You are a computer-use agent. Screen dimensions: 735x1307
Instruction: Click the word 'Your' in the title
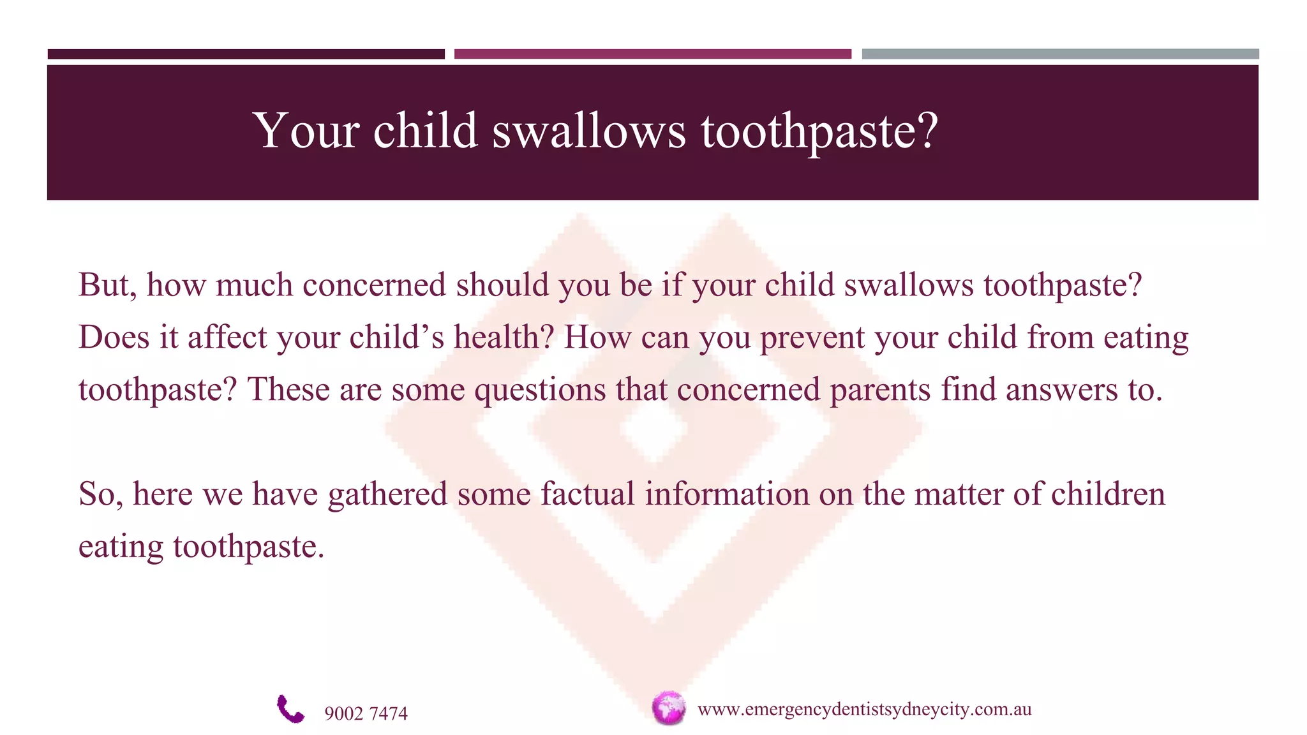[x=306, y=131]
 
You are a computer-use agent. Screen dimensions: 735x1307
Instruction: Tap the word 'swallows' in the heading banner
[x=588, y=131]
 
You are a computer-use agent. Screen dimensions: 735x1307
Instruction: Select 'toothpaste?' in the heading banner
[x=819, y=132]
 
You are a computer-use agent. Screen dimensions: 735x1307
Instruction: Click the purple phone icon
[x=290, y=709]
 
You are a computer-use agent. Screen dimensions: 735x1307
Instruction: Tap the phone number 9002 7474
[x=366, y=713]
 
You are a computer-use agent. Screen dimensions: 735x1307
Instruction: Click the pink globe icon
[x=668, y=708]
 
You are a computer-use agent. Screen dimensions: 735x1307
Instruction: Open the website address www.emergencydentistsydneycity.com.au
[x=864, y=709]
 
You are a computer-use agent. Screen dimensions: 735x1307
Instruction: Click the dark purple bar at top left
[x=246, y=54]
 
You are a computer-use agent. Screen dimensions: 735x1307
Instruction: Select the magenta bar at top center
[x=652, y=54]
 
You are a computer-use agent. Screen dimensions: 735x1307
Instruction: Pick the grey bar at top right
[x=1060, y=54]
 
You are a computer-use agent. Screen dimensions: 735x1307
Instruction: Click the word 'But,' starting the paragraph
[x=107, y=285]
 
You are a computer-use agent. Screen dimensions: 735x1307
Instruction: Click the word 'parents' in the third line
[x=879, y=390]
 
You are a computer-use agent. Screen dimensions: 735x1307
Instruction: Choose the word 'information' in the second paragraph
[x=726, y=494]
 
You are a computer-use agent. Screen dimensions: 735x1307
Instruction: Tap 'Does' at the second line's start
[x=114, y=338]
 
